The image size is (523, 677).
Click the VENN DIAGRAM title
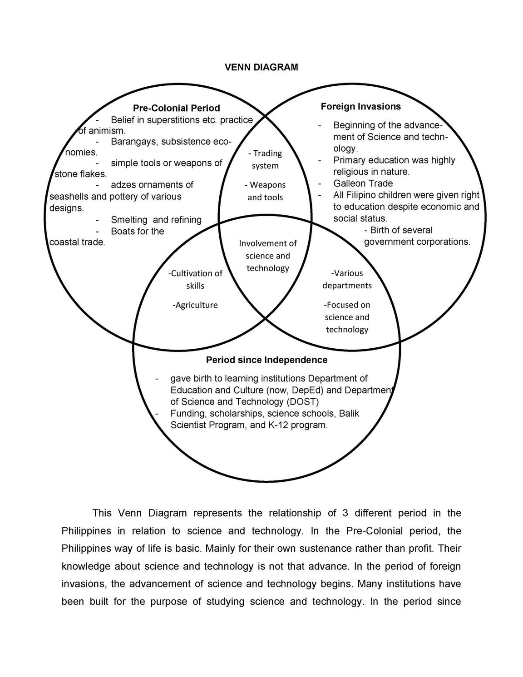point(261,67)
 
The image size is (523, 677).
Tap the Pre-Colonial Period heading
point(176,108)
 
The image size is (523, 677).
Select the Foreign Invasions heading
point(360,106)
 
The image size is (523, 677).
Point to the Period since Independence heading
point(266,360)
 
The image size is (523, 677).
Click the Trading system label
point(265,159)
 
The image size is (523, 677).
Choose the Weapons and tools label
point(265,191)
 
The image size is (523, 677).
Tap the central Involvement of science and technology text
point(268,256)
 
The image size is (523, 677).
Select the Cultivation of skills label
point(195,279)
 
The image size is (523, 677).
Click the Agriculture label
point(195,305)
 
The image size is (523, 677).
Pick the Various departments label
point(347,279)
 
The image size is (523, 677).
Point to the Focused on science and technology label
point(347,317)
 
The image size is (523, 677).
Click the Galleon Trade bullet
point(363,183)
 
